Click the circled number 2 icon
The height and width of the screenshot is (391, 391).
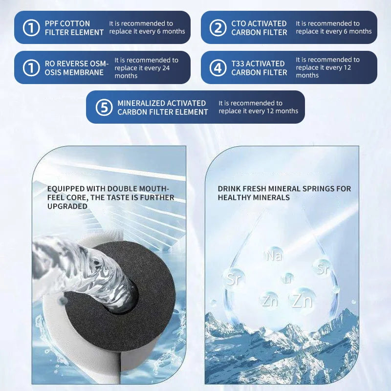(x=218, y=28)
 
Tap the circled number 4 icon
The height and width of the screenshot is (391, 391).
(x=218, y=67)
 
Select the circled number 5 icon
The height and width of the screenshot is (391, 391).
(x=104, y=107)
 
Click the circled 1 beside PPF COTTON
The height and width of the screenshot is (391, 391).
(x=31, y=28)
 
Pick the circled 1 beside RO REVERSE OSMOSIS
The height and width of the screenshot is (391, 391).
(x=31, y=67)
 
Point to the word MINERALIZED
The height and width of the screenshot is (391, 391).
(x=141, y=103)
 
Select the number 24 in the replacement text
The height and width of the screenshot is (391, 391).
(x=166, y=68)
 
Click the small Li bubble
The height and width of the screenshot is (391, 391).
(x=288, y=279)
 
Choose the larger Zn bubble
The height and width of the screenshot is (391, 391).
(x=303, y=300)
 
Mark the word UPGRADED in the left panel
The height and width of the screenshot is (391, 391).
(x=67, y=206)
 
